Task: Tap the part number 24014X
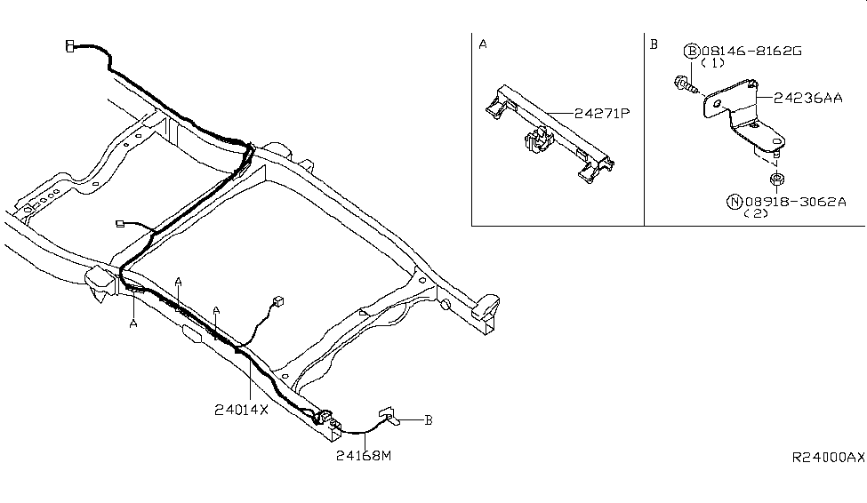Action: (240, 410)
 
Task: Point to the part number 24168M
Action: (364, 456)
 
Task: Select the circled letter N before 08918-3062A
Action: (734, 202)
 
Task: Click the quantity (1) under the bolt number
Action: (711, 64)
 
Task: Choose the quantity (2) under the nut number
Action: (757, 214)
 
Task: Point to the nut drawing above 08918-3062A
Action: (775, 181)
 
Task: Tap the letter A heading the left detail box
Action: (482, 44)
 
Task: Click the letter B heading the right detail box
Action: (654, 44)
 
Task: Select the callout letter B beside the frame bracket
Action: (428, 420)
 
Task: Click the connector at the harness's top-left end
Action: (70, 45)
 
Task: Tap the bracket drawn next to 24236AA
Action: (743, 120)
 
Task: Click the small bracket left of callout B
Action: (389, 415)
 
